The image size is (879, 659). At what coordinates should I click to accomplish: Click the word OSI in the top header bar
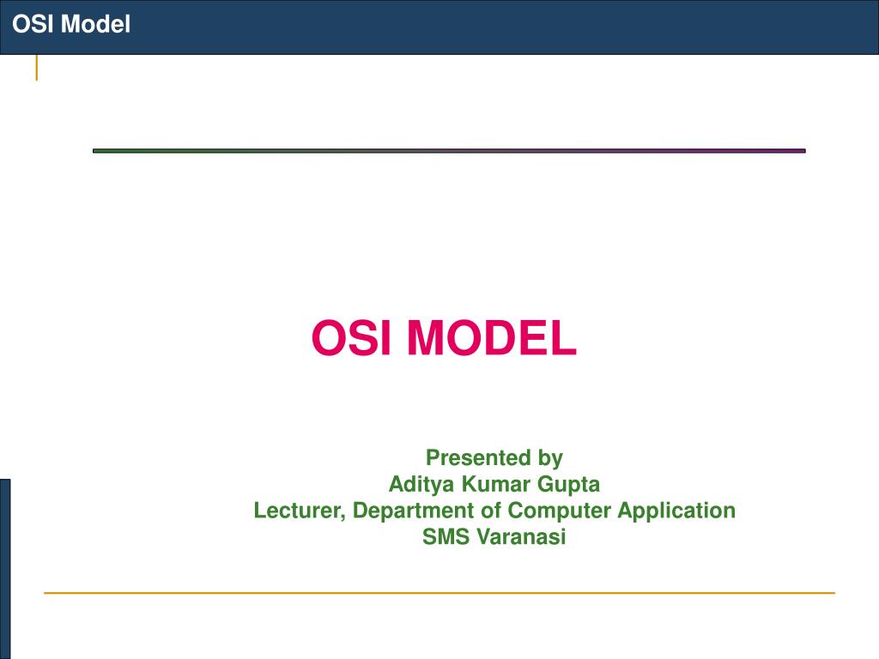[x=33, y=25]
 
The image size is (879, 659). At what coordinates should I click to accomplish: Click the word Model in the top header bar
[x=95, y=25]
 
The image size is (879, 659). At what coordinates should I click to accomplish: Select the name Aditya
[x=418, y=484]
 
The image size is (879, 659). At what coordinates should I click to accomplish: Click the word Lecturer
[x=300, y=511]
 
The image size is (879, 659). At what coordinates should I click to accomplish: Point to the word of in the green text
[x=493, y=511]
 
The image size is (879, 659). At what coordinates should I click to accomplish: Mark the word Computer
[x=561, y=511]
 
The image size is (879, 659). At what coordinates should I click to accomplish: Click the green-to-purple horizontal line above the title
[x=449, y=151]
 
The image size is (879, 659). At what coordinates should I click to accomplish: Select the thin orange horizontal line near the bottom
[x=439, y=592]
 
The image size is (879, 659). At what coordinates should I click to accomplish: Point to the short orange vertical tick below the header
[x=36, y=68]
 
